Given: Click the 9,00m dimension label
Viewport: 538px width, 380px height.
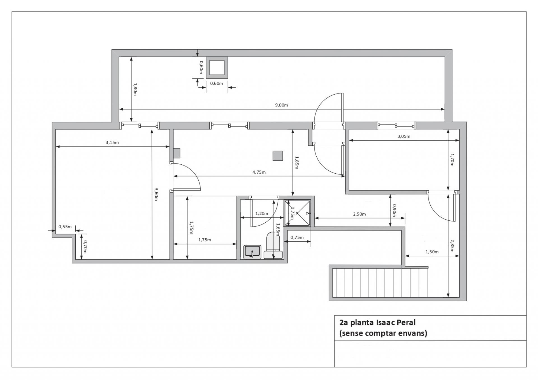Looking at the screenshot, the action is click(x=281, y=105).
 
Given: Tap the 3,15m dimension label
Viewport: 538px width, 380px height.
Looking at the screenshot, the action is click(x=112, y=143).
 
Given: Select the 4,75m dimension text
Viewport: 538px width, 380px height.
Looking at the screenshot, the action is click(x=259, y=172).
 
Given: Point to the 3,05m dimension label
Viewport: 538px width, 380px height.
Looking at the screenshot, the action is click(x=404, y=136).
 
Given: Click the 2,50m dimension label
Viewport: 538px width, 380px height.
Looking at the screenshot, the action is click(x=359, y=214).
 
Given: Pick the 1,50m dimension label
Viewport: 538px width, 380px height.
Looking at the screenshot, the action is click(x=432, y=252).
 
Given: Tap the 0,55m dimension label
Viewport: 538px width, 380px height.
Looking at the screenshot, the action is click(x=65, y=227).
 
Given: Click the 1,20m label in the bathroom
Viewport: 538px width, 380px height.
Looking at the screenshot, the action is click(x=261, y=214).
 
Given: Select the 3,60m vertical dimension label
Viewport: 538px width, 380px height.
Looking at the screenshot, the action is click(x=156, y=194).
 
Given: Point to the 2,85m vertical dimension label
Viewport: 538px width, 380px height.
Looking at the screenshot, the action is click(x=452, y=246).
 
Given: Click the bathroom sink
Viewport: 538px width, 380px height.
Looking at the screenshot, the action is click(x=252, y=252).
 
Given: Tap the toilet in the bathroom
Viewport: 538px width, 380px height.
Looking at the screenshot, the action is click(x=273, y=245).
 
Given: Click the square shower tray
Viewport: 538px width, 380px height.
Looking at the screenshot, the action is click(x=298, y=213).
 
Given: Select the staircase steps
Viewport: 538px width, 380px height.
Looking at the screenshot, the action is click(x=380, y=283).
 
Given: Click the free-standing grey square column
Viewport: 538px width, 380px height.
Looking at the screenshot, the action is click(x=278, y=156).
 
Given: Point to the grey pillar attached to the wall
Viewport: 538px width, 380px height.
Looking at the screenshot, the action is click(x=177, y=153).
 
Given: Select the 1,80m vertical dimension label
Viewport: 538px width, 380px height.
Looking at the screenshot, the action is click(x=135, y=89).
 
